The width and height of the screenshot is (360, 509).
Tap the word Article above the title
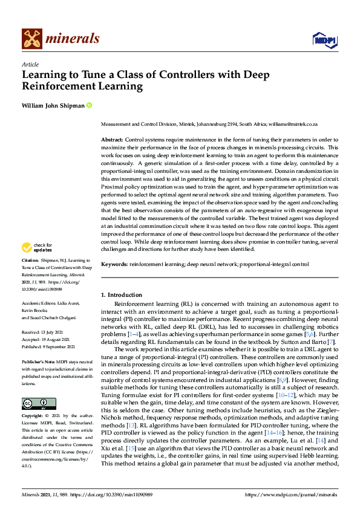coord(30,64)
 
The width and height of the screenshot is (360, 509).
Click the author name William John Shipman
coord(53,105)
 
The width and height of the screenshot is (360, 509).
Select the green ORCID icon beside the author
coord(90,105)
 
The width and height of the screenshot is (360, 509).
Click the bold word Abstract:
coord(112,138)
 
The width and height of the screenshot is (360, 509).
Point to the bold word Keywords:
coord(114,264)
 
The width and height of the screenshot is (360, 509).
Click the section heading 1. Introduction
coord(122,294)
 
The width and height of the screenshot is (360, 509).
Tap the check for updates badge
coord(37,247)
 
